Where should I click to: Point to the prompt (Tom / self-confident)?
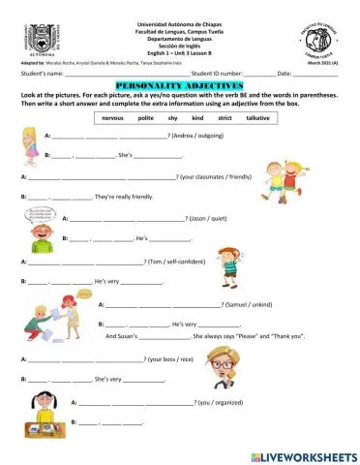click(177, 262)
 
